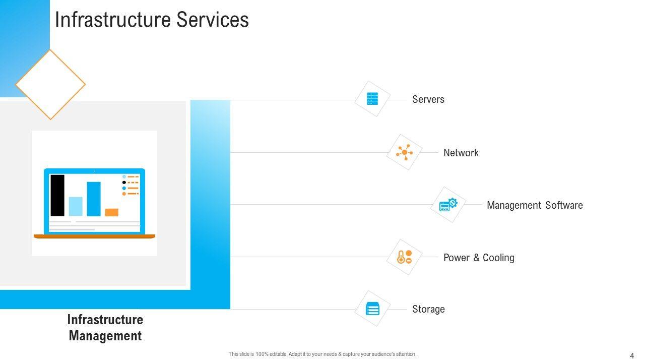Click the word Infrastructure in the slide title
112,20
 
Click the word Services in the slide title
213,20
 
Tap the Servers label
428,99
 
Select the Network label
461,153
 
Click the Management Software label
535,205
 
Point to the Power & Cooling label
479,258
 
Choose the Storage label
428,309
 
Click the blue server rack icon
372,98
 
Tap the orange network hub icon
404,152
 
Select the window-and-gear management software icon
448,205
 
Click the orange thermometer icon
401,257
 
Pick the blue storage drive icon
372,309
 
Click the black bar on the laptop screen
57,195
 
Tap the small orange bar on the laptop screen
111,212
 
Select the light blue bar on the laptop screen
76,207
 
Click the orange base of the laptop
94,236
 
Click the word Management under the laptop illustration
105,336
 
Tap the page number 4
632,355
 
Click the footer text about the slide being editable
322,354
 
